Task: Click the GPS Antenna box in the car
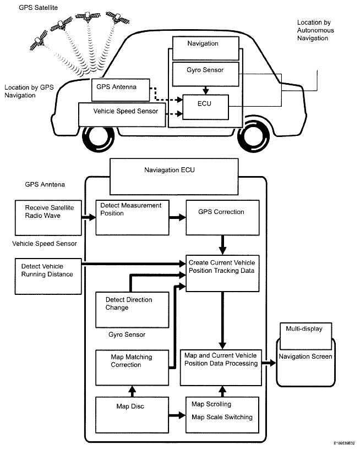click(x=121, y=90)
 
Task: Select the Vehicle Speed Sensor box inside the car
click(x=122, y=115)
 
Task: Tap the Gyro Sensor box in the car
click(x=205, y=74)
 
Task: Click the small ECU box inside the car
click(x=205, y=107)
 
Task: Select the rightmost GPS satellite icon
click(x=117, y=18)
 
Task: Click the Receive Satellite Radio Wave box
click(x=48, y=218)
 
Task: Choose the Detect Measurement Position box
click(x=132, y=217)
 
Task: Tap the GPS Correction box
click(x=222, y=217)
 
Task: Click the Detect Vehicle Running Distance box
click(x=48, y=276)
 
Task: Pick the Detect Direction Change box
click(x=132, y=310)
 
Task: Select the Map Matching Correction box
click(x=132, y=367)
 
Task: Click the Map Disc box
click(x=132, y=415)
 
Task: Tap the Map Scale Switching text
click(x=222, y=417)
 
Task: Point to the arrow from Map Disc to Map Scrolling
click(x=177, y=415)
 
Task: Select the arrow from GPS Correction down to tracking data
click(x=222, y=245)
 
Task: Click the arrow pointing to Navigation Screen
click(x=269, y=363)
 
